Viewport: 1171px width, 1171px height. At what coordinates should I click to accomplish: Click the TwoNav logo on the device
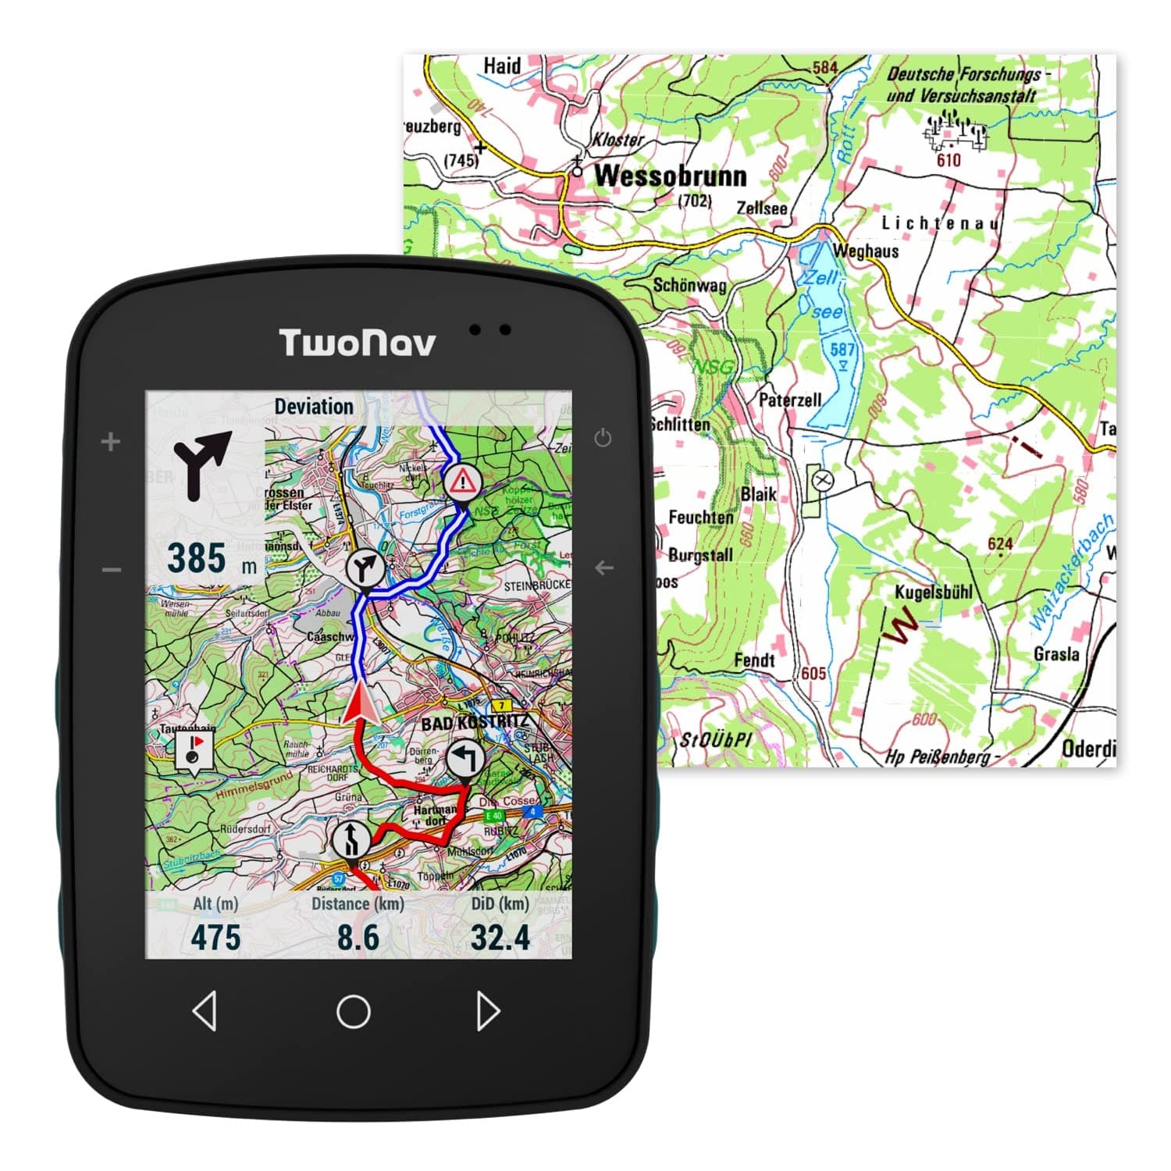357,343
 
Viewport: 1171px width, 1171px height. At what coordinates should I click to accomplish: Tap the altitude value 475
215,938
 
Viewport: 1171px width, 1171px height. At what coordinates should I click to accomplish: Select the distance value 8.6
358,938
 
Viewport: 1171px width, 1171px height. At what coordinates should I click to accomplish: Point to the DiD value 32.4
500,938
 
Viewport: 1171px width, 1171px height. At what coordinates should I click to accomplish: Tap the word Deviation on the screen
314,407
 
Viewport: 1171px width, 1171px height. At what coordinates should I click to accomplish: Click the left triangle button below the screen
205,1011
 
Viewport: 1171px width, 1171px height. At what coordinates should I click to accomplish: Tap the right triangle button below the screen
488,1011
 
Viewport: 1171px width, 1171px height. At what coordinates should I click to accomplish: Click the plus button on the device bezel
111,442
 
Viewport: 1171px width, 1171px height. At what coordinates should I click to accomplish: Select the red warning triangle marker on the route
462,482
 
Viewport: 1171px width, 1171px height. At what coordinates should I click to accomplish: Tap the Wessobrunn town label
670,176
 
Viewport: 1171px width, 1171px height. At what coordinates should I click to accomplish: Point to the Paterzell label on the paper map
790,400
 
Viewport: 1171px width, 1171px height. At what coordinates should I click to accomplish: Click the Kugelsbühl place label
934,592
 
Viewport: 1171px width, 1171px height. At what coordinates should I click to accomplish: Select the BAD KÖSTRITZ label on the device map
475,722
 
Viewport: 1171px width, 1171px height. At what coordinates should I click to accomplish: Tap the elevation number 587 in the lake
842,349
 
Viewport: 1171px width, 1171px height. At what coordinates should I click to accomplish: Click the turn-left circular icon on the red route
464,759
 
